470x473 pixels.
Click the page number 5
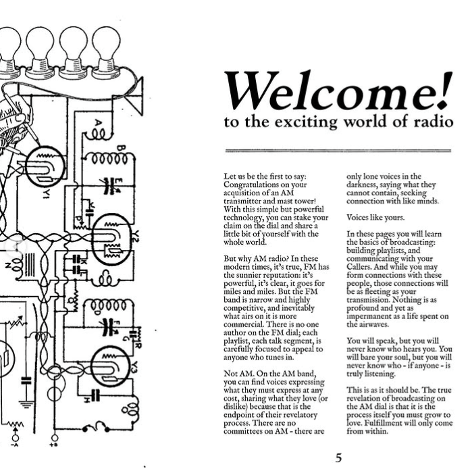click(339, 458)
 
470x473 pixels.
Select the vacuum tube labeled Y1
click(43, 166)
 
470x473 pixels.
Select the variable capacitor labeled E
click(108, 185)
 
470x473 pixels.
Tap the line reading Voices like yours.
click(375, 218)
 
